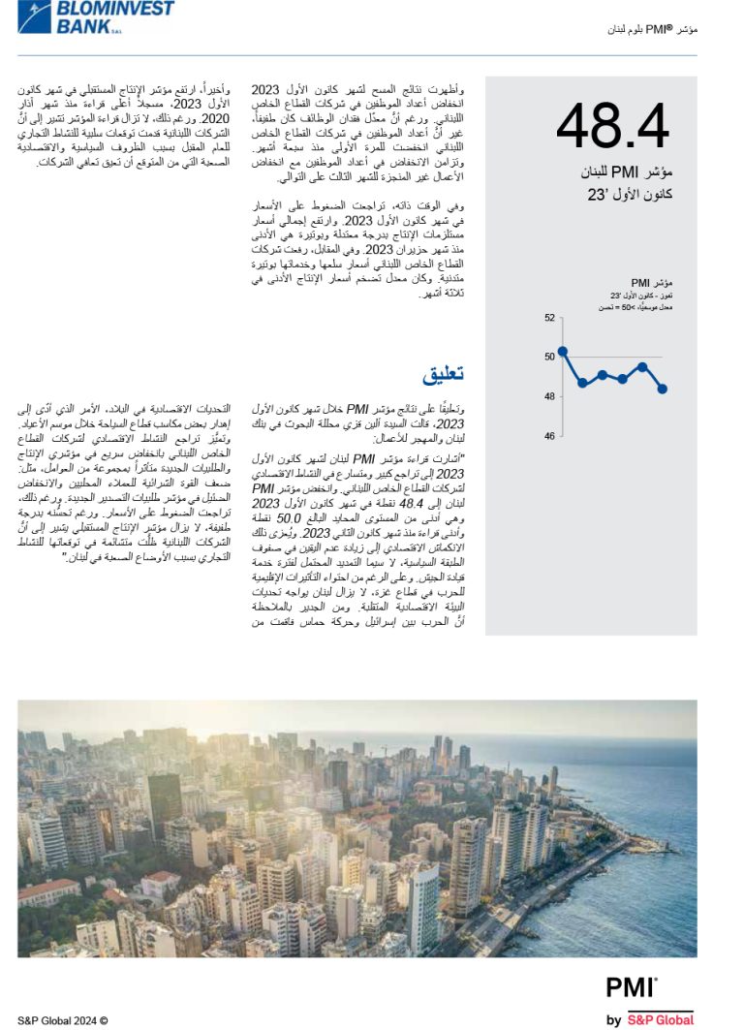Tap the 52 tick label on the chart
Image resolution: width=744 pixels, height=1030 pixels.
point(549,318)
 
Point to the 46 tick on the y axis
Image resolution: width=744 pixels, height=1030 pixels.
point(549,436)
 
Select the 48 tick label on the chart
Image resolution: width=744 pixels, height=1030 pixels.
point(549,396)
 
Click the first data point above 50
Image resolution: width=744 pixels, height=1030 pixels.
point(563,351)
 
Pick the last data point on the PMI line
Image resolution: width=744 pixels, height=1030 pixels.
point(662,389)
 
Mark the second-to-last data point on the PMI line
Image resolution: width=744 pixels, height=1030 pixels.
point(642,366)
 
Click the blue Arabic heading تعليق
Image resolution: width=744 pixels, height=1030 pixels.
point(443,373)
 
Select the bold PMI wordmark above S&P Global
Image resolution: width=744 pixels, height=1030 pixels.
point(631,987)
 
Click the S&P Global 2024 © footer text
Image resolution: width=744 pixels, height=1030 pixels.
point(63,1019)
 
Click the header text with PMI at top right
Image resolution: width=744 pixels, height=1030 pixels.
point(651,30)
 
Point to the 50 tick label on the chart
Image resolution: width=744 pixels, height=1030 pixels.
point(549,357)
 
